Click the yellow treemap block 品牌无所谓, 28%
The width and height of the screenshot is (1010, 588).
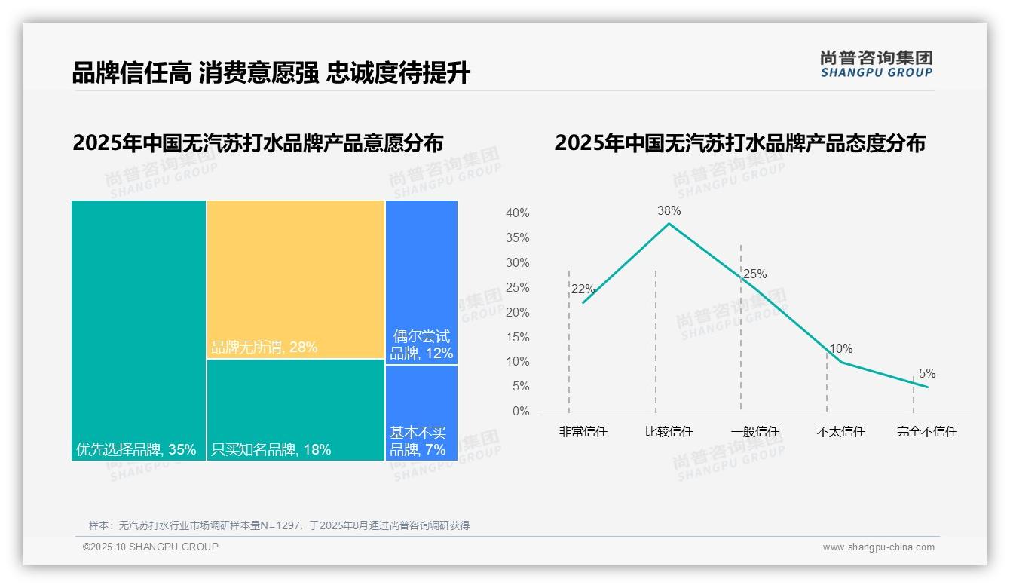pyautogui.click(x=295, y=279)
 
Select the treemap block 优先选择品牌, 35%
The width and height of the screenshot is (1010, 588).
pyautogui.click(x=139, y=330)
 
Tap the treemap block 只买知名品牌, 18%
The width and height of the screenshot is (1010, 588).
pyautogui.click(x=295, y=409)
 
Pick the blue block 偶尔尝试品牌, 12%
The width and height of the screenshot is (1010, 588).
pyautogui.click(x=421, y=282)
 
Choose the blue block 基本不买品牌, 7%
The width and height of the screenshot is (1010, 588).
pyautogui.click(x=421, y=412)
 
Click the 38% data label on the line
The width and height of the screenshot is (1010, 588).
pyautogui.click(x=669, y=211)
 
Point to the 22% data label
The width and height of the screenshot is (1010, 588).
pyautogui.click(x=583, y=289)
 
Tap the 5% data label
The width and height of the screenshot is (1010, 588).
pyautogui.click(x=927, y=374)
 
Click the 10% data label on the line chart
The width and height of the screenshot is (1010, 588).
pyautogui.click(x=841, y=349)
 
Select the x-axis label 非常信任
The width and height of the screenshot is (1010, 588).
pyautogui.click(x=583, y=432)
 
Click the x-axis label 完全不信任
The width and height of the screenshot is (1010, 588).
pyautogui.click(x=927, y=432)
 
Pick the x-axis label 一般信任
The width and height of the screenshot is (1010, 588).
pyautogui.click(x=755, y=432)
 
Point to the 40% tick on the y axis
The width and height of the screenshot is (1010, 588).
pyautogui.click(x=517, y=213)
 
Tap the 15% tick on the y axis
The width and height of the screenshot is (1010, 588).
pyautogui.click(x=517, y=337)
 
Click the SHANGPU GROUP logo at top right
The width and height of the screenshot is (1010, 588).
pyautogui.click(x=877, y=64)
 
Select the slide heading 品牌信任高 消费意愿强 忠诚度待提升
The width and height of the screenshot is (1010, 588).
pyautogui.click(x=271, y=73)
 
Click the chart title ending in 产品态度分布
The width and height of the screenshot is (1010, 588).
pyautogui.click(x=740, y=143)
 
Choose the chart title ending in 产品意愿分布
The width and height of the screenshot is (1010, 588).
pyautogui.click(x=258, y=143)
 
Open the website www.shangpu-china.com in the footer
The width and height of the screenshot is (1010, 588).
pyautogui.click(x=878, y=547)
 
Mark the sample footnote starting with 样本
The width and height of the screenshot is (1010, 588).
pyautogui.click(x=279, y=525)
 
